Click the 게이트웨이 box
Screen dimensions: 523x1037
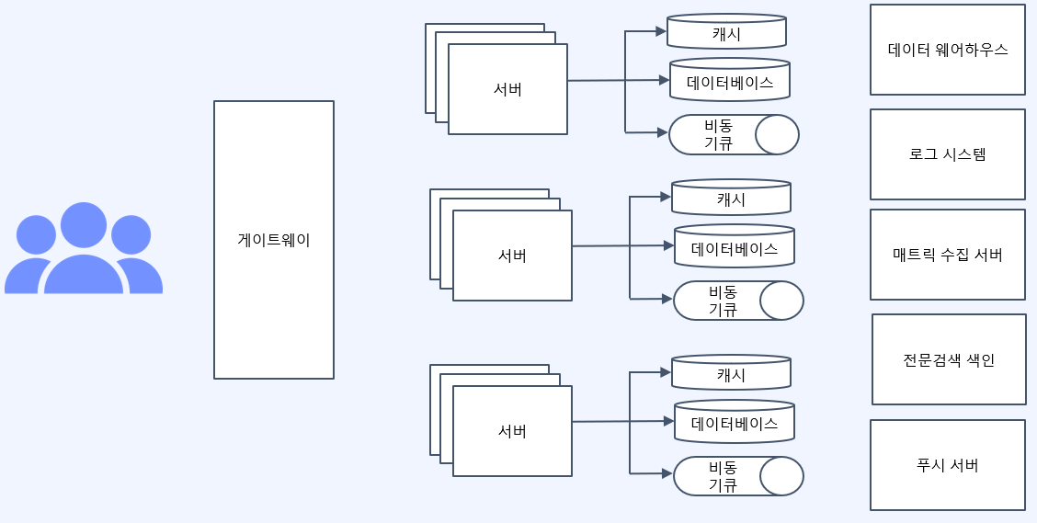click(274, 240)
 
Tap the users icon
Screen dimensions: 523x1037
click(84, 249)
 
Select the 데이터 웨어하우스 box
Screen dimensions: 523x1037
click(948, 50)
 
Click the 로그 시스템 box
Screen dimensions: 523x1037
click(948, 154)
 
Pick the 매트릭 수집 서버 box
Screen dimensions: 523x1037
click(948, 255)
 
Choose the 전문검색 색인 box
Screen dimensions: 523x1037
click(949, 359)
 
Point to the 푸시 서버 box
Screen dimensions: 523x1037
click(948, 465)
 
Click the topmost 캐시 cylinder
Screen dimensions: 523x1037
click(726, 33)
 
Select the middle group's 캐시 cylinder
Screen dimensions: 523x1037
click(731, 199)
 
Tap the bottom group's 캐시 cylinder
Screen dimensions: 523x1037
click(731, 374)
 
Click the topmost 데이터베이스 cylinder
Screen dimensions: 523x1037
click(730, 82)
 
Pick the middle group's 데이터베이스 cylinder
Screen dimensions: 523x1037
click(735, 248)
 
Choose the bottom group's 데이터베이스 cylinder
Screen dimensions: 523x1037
click(735, 423)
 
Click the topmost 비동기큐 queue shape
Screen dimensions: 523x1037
click(734, 134)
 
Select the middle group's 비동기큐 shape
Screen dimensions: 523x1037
click(738, 301)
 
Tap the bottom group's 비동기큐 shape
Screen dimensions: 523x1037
click(738, 476)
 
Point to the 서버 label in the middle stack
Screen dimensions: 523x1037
click(512, 256)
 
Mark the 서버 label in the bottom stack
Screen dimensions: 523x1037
click(512, 431)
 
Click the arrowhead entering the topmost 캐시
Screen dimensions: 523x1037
click(661, 31)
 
